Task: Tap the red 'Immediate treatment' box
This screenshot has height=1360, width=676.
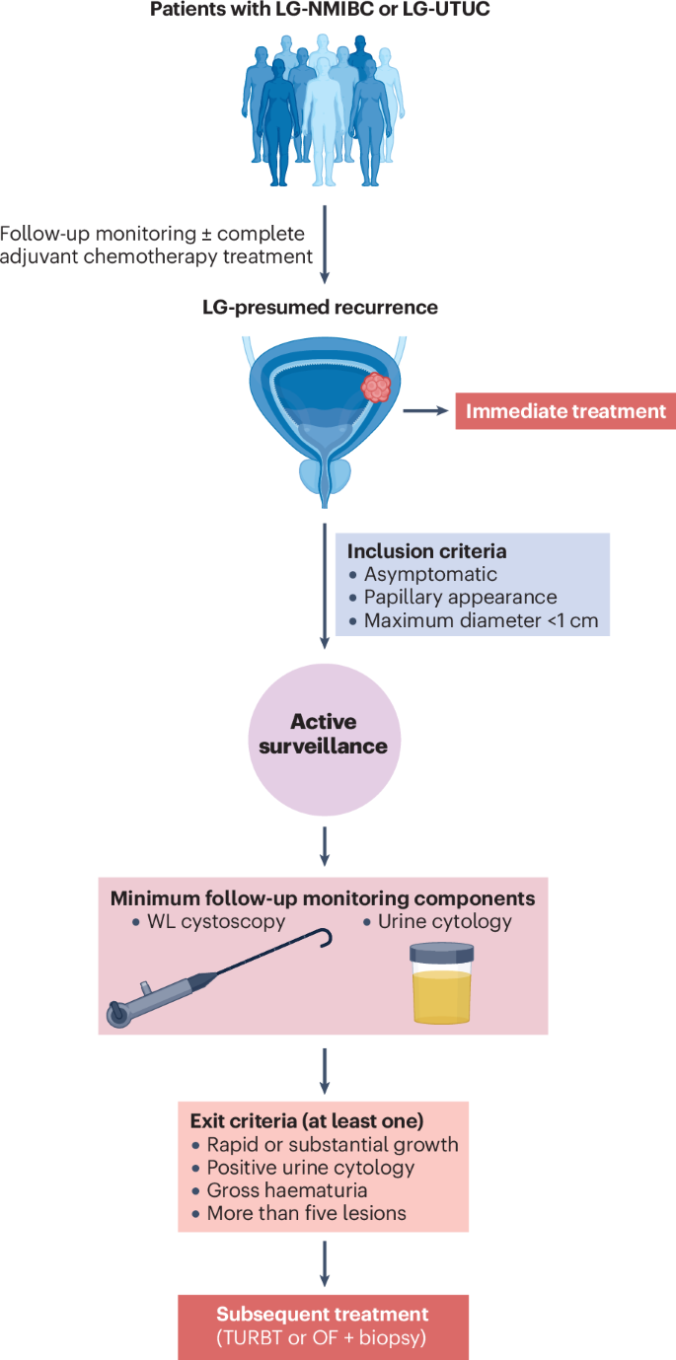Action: [x=565, y=410]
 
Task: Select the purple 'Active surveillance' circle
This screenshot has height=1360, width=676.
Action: [x=324, y=733]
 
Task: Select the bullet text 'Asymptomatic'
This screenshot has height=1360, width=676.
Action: [x=430, y=574]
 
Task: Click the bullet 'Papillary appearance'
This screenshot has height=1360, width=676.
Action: [x=460, y=598]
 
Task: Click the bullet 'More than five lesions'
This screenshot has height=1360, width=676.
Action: [x=306, y=1213]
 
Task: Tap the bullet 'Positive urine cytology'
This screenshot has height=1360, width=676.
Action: [x=310, y=1168]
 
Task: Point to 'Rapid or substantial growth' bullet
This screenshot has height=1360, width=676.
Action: [x=332, y=1145]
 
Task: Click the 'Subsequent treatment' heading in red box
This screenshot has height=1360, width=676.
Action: [x=324, y=1314]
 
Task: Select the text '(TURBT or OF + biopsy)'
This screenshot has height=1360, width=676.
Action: [x=324, y=1337]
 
